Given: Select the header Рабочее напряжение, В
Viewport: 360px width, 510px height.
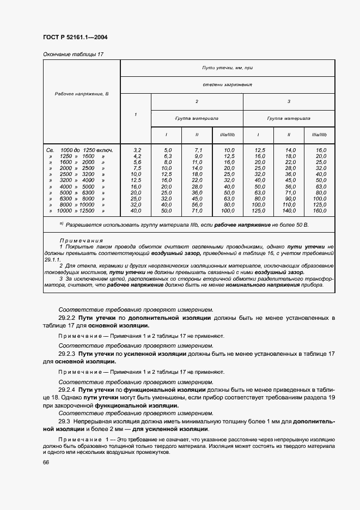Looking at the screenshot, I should (x=82, y=94).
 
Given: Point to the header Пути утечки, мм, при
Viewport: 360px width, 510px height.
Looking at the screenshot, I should (x=227, y=68).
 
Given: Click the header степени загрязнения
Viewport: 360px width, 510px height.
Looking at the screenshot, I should (x=227, y=85).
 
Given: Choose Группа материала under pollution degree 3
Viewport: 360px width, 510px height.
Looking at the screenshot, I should (x=289, y=118).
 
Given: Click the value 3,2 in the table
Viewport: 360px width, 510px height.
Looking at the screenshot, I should (x=136, y=149).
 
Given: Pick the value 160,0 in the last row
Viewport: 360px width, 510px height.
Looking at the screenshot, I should (x=320, y=210).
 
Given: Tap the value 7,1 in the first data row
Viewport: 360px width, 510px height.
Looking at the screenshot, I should (x=198, y=149).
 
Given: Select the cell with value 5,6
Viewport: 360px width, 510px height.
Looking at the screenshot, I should (x=136, y=162).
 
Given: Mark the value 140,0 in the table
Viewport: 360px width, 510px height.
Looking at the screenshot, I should (x=289, y=210).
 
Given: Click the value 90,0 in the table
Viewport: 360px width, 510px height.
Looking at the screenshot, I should (x=289, y=198).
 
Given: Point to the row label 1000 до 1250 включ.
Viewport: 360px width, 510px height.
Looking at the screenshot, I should (x=86, y=149).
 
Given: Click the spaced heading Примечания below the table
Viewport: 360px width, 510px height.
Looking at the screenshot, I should (x=81, y=240).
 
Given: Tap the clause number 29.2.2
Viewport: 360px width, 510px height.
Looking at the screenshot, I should (x=68, y=317).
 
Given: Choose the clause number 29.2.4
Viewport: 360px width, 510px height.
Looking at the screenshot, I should (x=68, y=390).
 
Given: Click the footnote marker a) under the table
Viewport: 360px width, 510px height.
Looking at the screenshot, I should (x=62, y=223).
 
